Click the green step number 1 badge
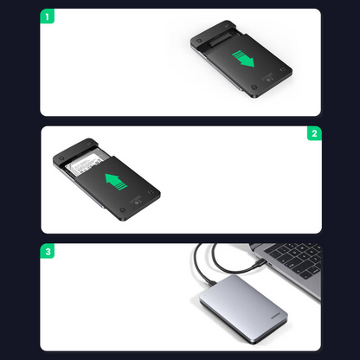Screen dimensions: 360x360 pyautogui.click(x=47, y=16)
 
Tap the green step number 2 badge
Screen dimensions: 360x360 pyautogui.click(x=313, y=134)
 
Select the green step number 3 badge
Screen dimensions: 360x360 pyautogui.click(x=47, y=252)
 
